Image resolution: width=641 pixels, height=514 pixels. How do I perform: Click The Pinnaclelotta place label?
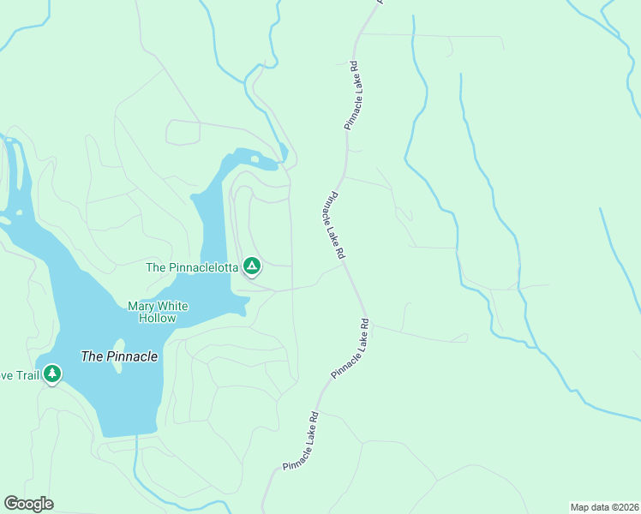(x=192, y=267)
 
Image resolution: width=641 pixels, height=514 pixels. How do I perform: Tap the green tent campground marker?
(x=252, y=267)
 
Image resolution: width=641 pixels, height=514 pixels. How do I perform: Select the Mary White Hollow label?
(x=158, y=312)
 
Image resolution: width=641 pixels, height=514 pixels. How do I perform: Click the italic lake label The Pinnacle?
(x=119, y=356)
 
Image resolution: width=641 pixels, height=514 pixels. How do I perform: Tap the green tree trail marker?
(x=52, y=374)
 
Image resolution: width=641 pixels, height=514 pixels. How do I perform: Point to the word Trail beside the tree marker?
(x=26, y=375)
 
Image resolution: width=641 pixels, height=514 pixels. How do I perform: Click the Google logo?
(x=28, y=504)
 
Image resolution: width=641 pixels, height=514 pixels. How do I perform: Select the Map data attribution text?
(x=603, y=507)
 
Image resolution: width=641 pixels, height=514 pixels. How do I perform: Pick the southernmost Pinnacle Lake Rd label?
(x=301, y=442)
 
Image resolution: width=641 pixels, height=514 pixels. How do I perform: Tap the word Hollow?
(x=158, y=318)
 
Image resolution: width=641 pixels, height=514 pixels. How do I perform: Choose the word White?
(x=173, y=306)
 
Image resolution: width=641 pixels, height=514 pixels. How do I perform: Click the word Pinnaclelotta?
(x=203, y=267)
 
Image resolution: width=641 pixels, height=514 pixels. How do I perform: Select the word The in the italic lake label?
(x=91, y=356)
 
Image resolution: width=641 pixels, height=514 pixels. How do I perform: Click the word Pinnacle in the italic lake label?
(x=131, y=356)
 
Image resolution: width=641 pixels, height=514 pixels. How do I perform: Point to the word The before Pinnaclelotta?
(x=155, y=267)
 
